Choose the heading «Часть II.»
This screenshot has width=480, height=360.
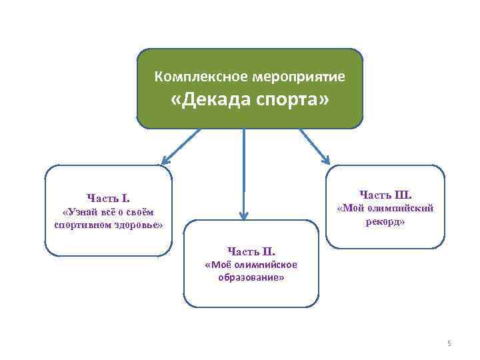[x=251, y=251]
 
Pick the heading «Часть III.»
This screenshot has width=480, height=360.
[x=385, y=195]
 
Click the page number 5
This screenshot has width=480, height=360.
[x=449, y=343]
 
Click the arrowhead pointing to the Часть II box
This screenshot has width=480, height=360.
[x=244, y=215]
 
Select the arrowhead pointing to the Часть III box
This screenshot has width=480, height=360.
[x=325, y=159]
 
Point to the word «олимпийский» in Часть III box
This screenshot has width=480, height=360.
[x=399, y=208]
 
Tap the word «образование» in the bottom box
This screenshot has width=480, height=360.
[x=251, y=277]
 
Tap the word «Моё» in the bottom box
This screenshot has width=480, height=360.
[x=217, y=265]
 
